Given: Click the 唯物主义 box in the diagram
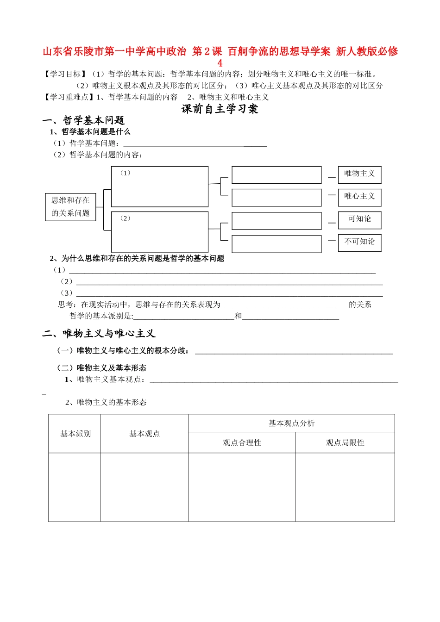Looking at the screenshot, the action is tap(359, 174).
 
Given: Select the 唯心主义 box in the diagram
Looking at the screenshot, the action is tap(359, 197).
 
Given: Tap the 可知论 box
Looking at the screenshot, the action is tap(359, 220).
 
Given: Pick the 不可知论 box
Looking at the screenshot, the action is tap(359, 243).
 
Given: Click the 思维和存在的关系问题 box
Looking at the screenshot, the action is tap(70, 207).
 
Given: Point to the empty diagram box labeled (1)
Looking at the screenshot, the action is tap(160, 187).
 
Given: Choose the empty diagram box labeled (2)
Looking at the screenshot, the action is tap(160, 232).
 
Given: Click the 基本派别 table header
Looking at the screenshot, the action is tap(75, 434).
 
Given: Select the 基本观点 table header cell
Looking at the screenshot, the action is tap(145, 434).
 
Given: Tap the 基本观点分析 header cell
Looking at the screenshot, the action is tap(291, 423).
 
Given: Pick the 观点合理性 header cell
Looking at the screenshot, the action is tap(242, 443).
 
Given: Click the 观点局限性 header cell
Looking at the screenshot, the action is tap(345, 443).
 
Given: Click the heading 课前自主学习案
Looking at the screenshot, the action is tap(220, 109).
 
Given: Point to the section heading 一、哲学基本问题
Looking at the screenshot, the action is tap(84, 121).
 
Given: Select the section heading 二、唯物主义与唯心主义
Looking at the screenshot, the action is tap(99, 334).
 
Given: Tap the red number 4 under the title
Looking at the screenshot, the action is tap(220, 63).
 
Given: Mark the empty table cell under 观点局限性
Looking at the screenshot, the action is tap(345, 487).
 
